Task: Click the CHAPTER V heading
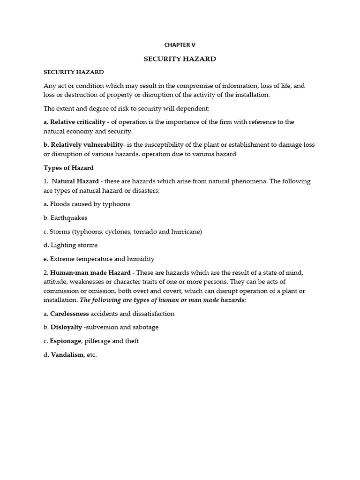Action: coord(180,45)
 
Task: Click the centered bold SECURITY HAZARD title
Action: coord(180,59)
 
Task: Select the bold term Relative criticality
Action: coord(78,122)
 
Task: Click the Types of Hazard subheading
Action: coord(68,168)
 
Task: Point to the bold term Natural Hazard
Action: coord(75,181)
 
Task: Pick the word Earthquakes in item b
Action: coord(68,218)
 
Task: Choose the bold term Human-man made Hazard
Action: coord(90,273)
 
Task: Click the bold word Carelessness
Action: coord(69,314)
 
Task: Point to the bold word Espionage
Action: coord(66,341)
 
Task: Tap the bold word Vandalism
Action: coord(67,355)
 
